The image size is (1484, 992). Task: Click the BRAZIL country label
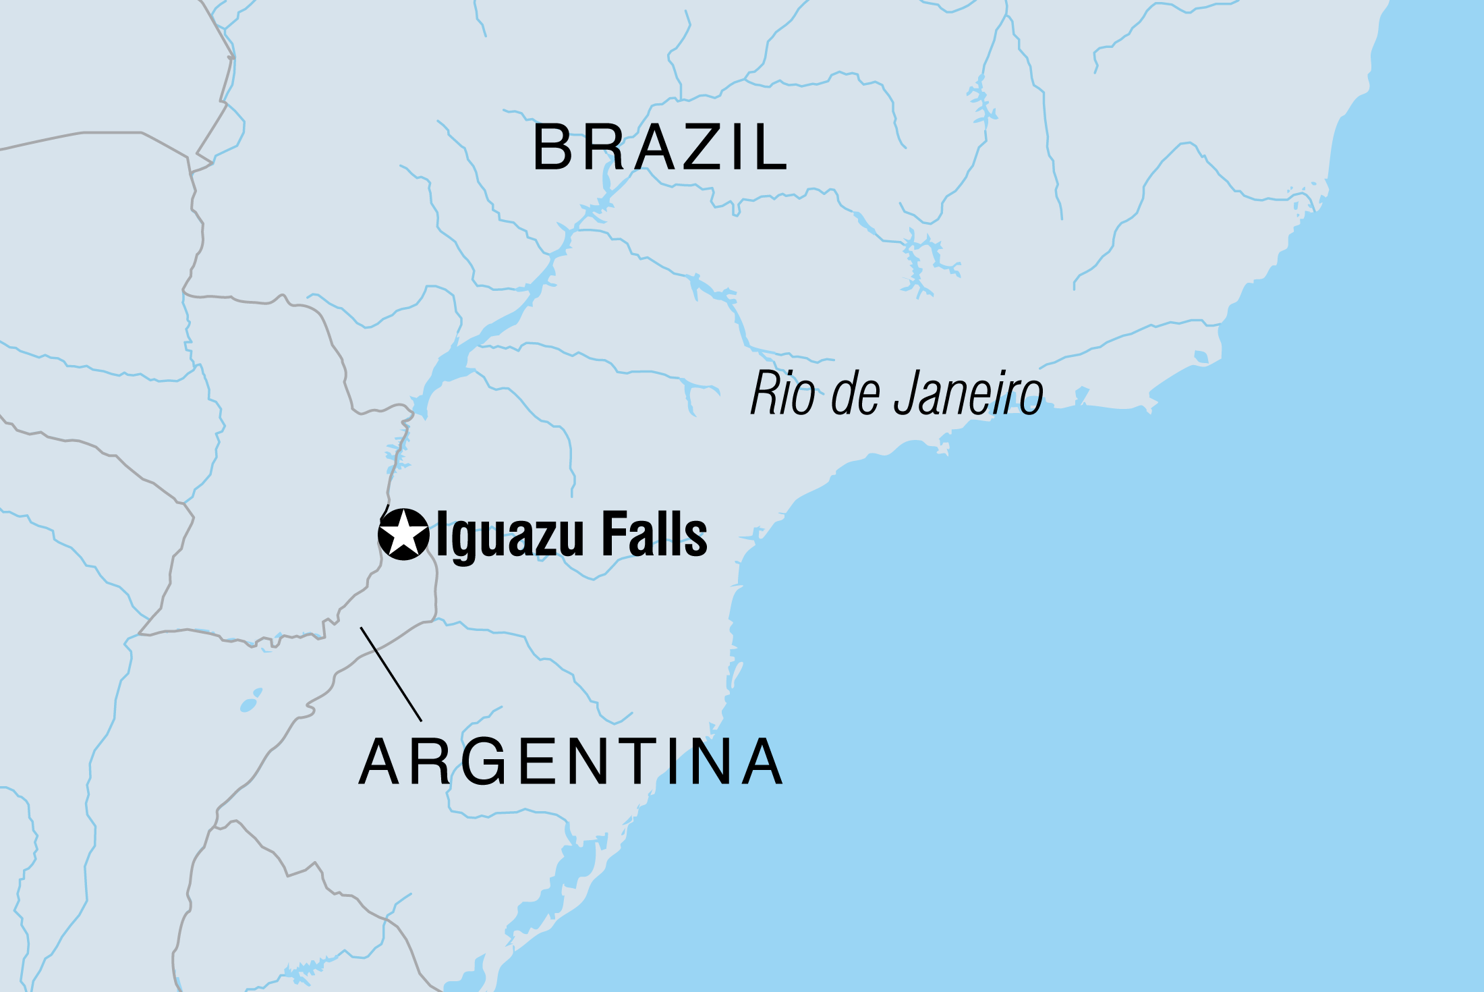coord(660,147)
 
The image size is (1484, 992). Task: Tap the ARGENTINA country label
coord(571,762)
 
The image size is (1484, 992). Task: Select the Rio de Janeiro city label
coord(897,393)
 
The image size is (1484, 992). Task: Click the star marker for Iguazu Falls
coord(403,534)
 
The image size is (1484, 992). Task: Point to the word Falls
coord(654,534)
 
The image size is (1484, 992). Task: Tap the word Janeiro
coord(969,393)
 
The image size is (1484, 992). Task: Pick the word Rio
coord(782,393)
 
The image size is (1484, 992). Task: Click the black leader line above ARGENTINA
coord(391,674)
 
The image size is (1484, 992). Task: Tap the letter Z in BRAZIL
coord(704,147)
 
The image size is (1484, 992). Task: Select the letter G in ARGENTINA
coord(483,762)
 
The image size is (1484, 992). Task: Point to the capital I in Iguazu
coord(443,534)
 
